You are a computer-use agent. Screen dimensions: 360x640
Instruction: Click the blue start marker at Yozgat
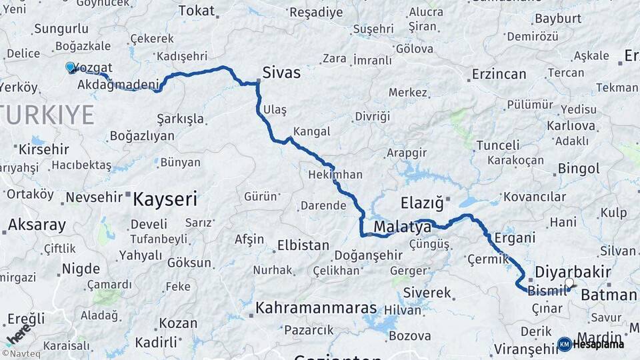click(70, 67)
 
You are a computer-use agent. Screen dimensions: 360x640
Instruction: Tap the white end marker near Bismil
click(569, 283)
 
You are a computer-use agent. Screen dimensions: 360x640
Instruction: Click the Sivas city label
click(281, 72)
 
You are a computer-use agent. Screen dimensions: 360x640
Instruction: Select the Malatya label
click(402, 227)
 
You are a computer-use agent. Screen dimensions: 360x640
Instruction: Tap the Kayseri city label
click(165, 198)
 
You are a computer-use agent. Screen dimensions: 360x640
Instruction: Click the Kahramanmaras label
click(317, 309)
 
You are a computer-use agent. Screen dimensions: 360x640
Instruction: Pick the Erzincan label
click(499, 74)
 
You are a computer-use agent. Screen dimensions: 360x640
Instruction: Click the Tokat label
click(197, 10)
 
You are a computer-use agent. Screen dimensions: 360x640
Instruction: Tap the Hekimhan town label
click(335, 175)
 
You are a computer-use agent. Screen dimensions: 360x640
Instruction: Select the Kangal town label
click(311, 131)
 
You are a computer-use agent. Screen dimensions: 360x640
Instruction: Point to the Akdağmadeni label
click(119, 85)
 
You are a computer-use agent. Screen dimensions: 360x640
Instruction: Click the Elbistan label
click(303, 245)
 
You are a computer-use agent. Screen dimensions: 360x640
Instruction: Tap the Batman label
click(609, 294)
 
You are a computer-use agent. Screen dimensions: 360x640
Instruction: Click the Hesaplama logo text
click(597, 344)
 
